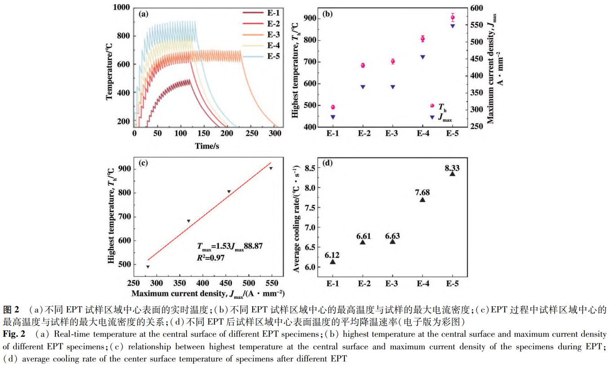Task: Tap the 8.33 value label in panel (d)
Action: [452, 168]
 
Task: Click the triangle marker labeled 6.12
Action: [333, 262]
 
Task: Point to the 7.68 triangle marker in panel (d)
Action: [423, 199]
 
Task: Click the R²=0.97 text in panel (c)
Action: [210, 258]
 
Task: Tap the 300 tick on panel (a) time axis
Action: [274, 134]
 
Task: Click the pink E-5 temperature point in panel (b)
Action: [453, 18]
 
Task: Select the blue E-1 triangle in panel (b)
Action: [333, 117]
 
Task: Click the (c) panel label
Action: [144, 163]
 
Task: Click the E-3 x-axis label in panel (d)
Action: [392, 284]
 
